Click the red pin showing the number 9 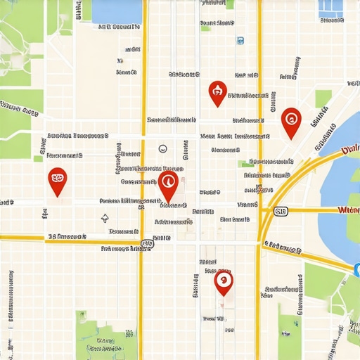click(x=224, y=283)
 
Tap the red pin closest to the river click(x=291, y=121)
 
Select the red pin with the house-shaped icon click(x=218, y=91)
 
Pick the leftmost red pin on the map click(x=56, y=181)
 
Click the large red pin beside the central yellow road click(x=167, y=186)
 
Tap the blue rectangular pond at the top click(x=117, y=11)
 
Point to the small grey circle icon click(x=162, y=148)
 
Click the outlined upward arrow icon click(x=105, y=219)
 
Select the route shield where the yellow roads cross click(x=145, y=245)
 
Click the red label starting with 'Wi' click(x=348, y=210)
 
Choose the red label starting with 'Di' click(x=349, y=149)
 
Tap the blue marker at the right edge click(x=356, y=268)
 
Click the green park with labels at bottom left click(x=105, y=337)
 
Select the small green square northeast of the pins click(x=323, y=98)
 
